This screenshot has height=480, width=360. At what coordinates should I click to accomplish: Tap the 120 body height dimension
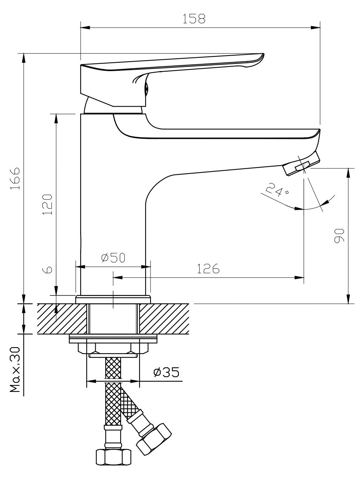[x=47, y=204]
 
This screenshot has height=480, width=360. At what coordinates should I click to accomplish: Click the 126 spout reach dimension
[x=208, y=269]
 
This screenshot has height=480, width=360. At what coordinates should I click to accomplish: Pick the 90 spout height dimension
[x=339, y=236]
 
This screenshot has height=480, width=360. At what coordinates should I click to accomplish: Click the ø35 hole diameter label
[x=166, y=372]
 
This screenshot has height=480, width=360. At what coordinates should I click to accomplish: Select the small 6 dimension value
[x=47, y=270]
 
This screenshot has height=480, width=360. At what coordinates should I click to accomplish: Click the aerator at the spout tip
[x=301, y=164]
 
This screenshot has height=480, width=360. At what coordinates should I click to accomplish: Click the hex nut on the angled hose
[x=153, y=439]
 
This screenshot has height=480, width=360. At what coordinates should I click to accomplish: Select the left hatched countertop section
[x=62, y=318]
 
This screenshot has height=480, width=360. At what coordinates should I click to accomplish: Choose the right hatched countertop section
[x=164, y=318]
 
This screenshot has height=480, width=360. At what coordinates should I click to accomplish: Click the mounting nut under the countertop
[x=113, y=348]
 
